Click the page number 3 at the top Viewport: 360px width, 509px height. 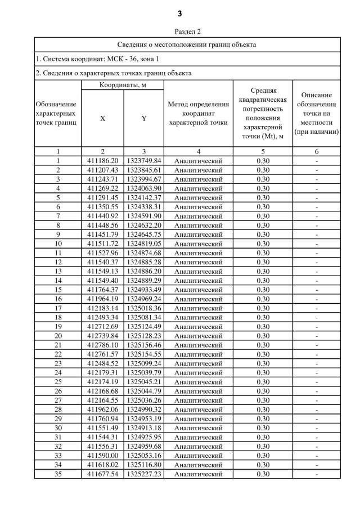(x=180, y=13)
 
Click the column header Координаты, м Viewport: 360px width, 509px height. (x=123, y=85)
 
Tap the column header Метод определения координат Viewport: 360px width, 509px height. (x=198, y=113)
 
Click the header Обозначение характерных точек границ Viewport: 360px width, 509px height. (x=57, y=112)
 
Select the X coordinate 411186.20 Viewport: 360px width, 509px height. (x=103, y=161)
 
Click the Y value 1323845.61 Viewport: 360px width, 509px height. (x=144, y=170)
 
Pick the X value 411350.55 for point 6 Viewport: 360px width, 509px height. (x=103, y=207)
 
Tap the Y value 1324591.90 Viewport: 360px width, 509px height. (x=144, y=216)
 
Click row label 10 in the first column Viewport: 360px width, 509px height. (x=58, y=244)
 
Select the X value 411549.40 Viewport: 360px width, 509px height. (x=103, y=280)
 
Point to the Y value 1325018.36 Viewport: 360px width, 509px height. (x=144, y=308)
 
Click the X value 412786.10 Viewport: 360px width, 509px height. (x=103, y=345)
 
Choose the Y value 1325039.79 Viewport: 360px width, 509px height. (x=144, y=372)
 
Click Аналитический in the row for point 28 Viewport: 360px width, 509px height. (x=198, y=409)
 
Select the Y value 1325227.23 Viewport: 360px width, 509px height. (x=144, y=474)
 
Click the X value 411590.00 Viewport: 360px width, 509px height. (x=103, y=455)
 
